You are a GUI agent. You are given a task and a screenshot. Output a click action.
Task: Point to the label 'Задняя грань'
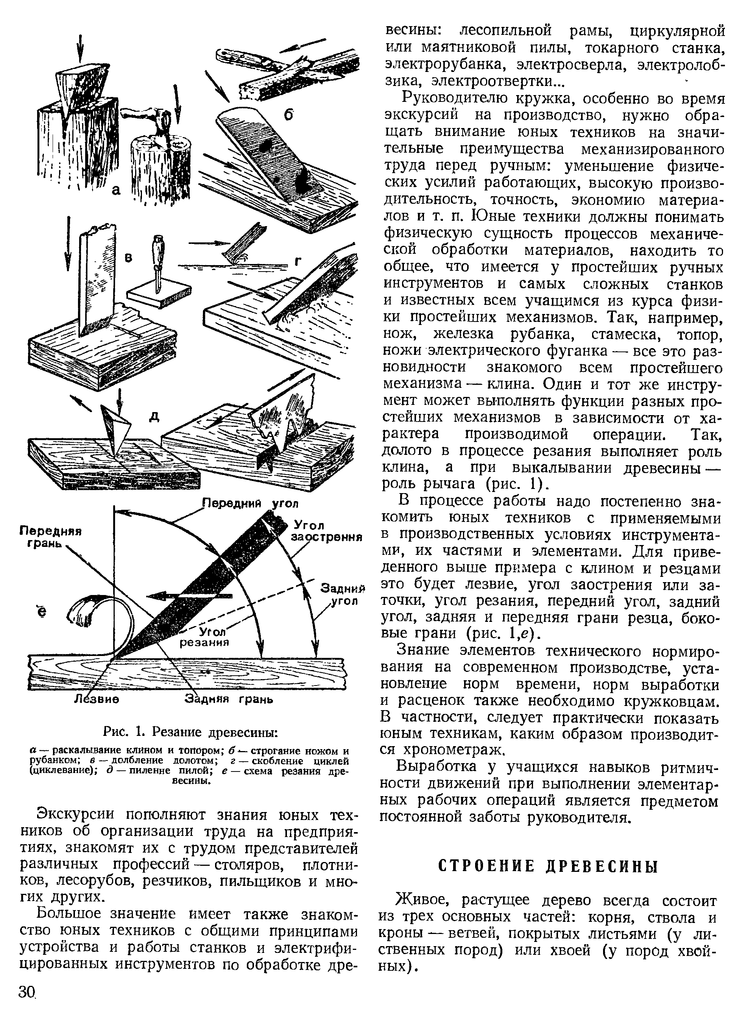click(x=229, y=700)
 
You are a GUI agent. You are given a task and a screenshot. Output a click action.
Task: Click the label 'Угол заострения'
click(x=326, y=531)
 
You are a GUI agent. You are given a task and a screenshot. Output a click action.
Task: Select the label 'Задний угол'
click(x=342, y=594)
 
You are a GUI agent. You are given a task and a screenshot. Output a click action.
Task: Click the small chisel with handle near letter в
click(x=158, y=262)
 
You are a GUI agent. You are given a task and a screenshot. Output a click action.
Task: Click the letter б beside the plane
click(x=288, y=115)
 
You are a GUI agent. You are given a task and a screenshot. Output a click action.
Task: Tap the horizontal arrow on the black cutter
click(x=189, y=595)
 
